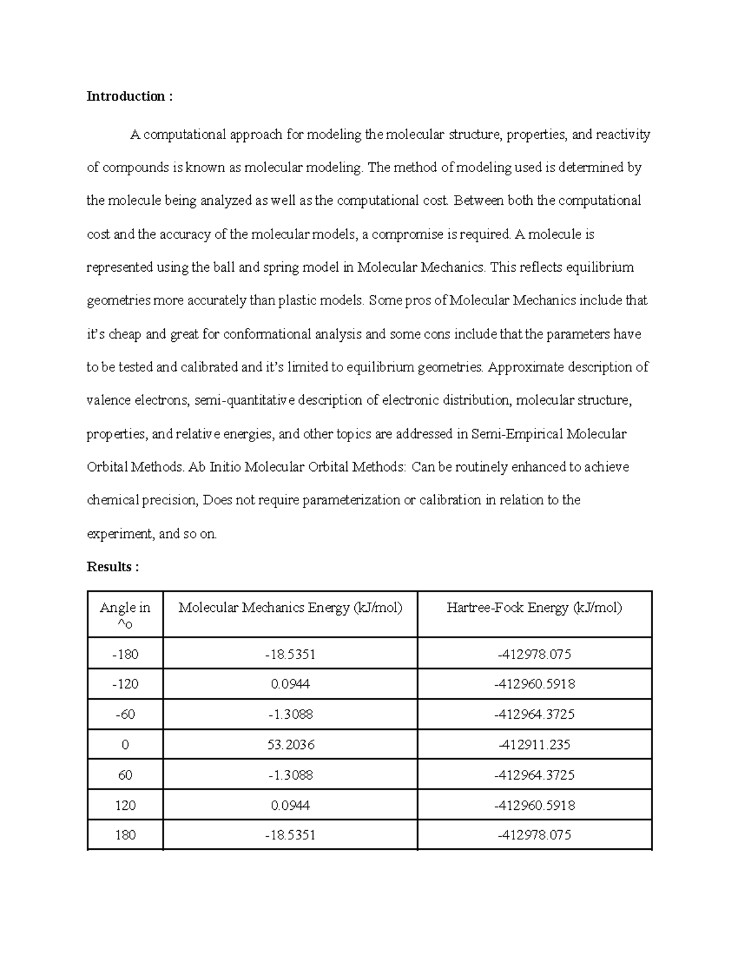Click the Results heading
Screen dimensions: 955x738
113,567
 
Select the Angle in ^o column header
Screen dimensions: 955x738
125,615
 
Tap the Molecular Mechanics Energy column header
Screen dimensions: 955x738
290,608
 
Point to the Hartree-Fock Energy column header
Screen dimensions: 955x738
534,608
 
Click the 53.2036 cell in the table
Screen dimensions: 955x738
290,745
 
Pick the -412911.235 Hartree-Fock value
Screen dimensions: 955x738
534,745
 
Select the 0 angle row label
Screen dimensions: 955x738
125,745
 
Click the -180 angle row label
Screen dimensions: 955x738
125,654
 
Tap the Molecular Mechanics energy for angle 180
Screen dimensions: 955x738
290,835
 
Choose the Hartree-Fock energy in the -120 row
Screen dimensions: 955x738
534,684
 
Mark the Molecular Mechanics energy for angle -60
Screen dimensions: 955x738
290,715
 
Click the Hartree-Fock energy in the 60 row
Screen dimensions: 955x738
534,775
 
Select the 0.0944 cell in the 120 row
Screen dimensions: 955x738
290,805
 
